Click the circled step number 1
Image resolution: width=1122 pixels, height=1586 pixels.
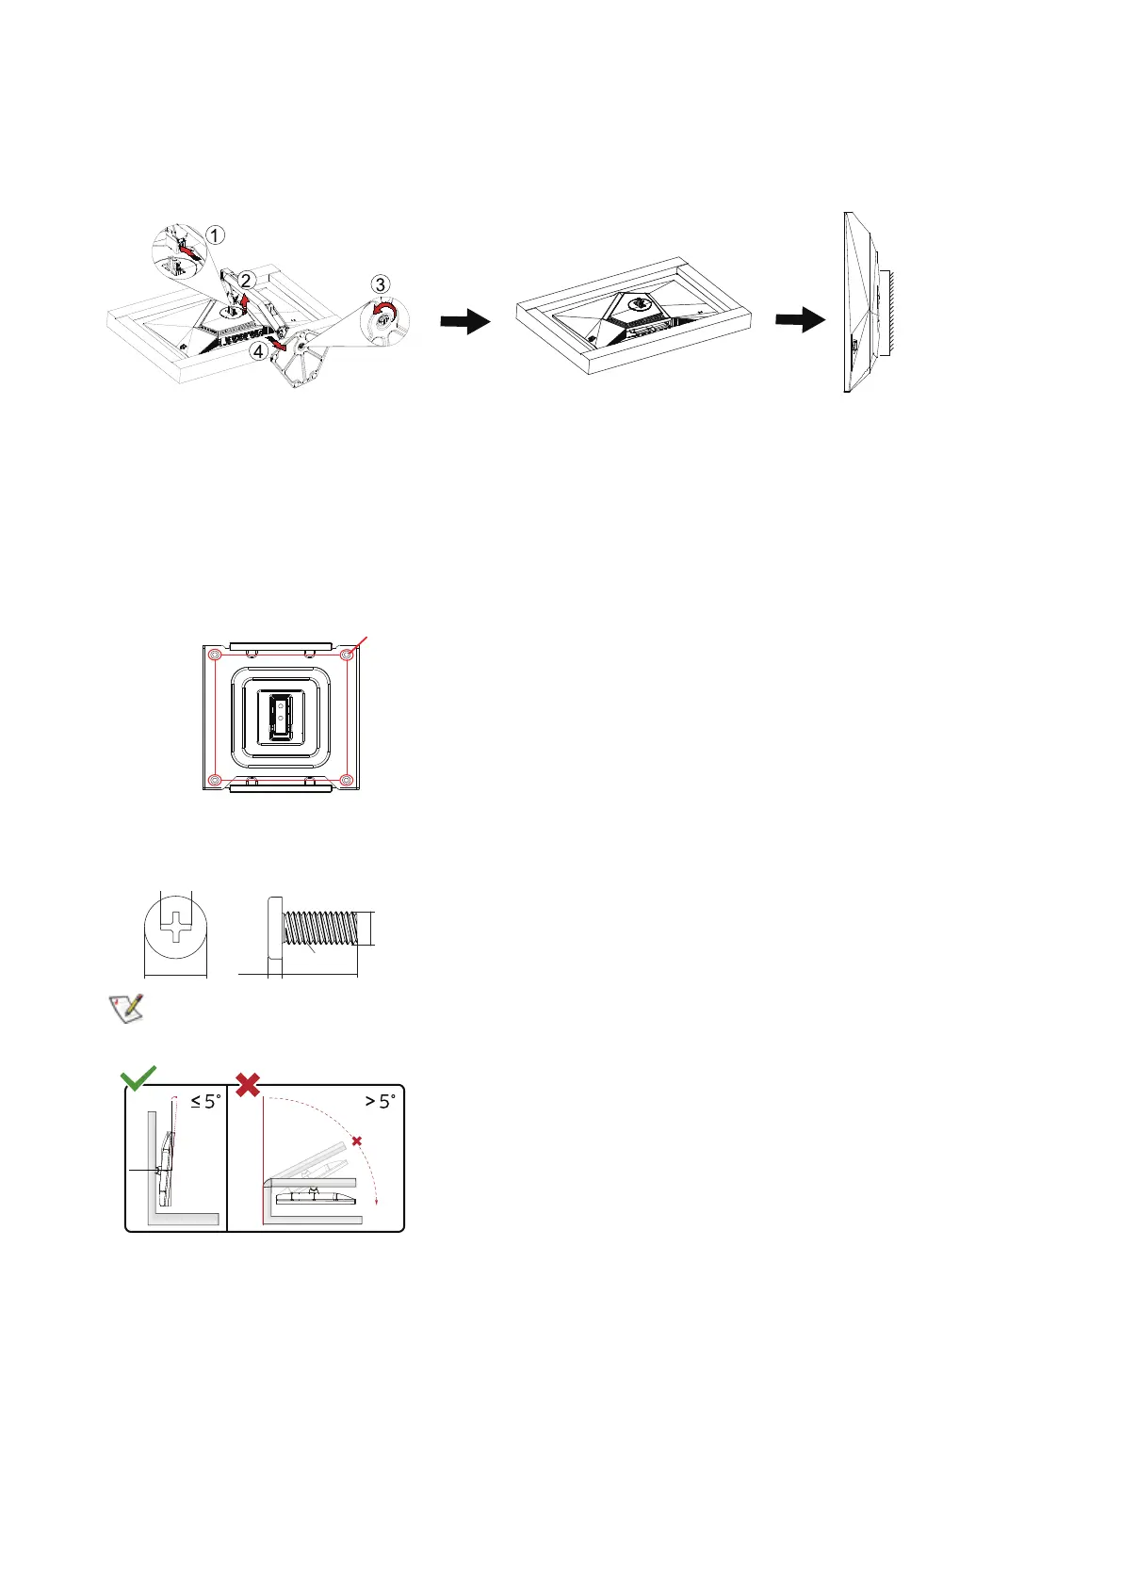pyautogui.click(x=216, y=235)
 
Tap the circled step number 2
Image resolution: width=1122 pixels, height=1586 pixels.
pyautogui.click(x=245, y=280)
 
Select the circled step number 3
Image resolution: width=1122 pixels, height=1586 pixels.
pyautogui.click(x=380, y=284)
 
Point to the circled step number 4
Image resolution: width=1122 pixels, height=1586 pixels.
pyautogui.click(x=258, y=351)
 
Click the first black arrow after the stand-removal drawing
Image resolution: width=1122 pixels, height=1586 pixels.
pyautogui.click(x=465, y=322)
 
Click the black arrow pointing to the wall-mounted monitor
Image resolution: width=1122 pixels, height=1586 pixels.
pyautogui.click(x=800, y=322)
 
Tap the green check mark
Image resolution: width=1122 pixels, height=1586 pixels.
pyautogui.click(x=138, y=1078)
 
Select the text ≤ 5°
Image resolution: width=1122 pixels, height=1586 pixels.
pyautogui.click(x=204, y=1101)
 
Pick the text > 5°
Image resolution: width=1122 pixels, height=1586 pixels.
pyautogui.click(x=380, y=1101)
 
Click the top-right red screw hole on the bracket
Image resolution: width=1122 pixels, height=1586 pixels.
pyautogui.click(x=347, y=654)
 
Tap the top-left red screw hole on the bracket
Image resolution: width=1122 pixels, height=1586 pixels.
pyautogui.click(x=215, y=654)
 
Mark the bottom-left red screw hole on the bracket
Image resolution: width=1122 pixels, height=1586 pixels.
pyautogui.click(x=215, y=780)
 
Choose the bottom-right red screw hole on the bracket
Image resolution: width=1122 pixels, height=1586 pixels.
pyautogui.click(x=347, y=780)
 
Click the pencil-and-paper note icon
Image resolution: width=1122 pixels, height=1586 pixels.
pyautogui.click(x=124, y=1007)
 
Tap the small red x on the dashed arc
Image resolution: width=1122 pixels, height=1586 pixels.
pyautogui.click(x=356, y=1141)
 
